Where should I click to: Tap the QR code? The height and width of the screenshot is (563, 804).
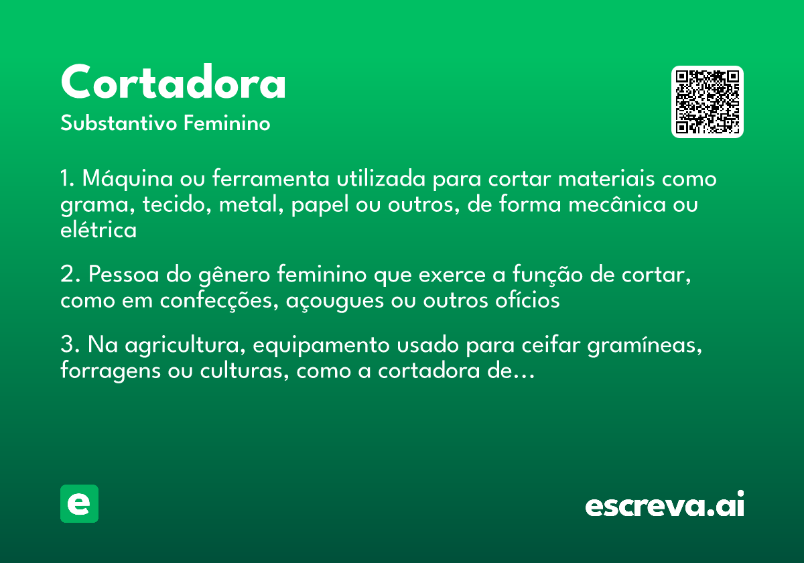707,102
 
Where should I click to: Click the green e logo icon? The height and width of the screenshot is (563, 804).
79,503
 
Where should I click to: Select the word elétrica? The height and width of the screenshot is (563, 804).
98,230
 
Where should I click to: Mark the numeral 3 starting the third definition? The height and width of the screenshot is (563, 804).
66,347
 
